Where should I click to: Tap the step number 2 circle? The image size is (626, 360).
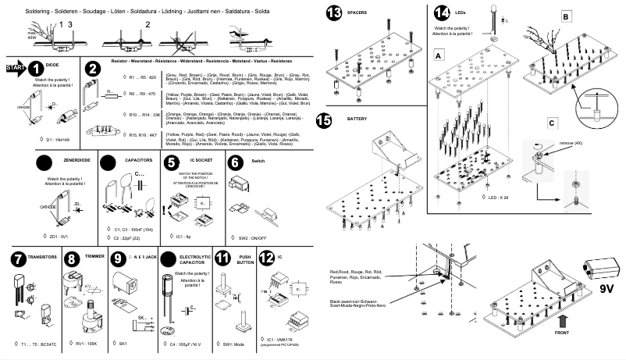coord(93,69)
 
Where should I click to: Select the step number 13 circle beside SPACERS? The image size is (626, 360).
coord(335,13)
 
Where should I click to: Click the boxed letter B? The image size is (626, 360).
coord(566,16)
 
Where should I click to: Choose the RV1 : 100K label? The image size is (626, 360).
coord(87,343)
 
